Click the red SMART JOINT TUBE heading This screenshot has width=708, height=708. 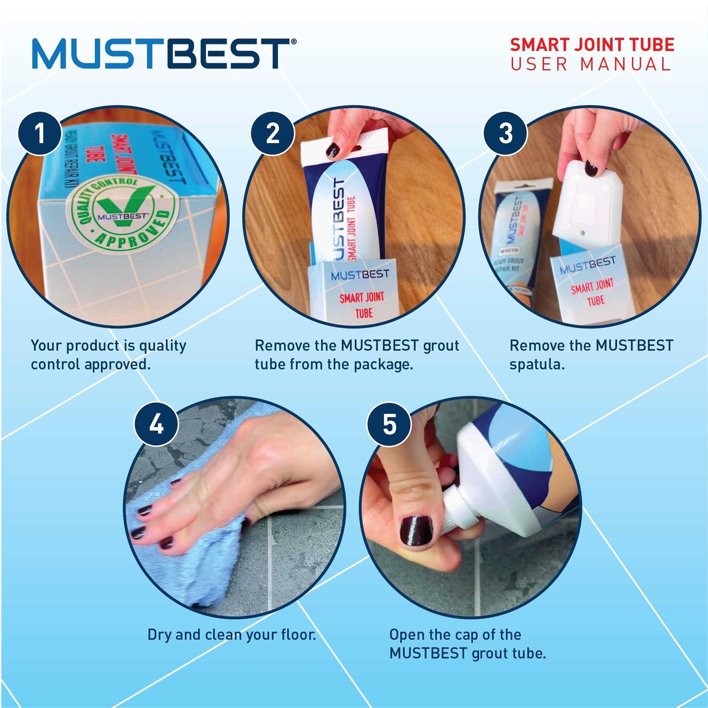592,45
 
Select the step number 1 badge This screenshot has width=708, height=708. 40,133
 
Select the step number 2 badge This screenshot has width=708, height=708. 272,133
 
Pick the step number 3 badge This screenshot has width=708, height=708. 506,133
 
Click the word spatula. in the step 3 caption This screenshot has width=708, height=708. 537,365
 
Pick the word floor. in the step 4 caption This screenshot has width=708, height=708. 298,635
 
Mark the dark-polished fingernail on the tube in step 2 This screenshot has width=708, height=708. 333,151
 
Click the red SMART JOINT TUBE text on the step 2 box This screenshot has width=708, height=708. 362,304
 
